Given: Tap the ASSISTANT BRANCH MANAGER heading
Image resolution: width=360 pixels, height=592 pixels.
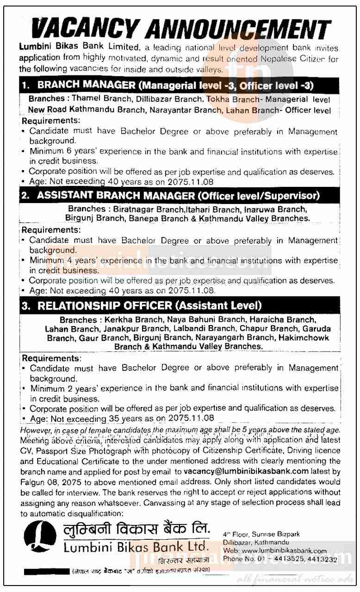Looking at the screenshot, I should click(x=115, y=196).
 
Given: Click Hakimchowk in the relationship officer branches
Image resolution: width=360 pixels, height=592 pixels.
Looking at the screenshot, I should click(x=303, y=338).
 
